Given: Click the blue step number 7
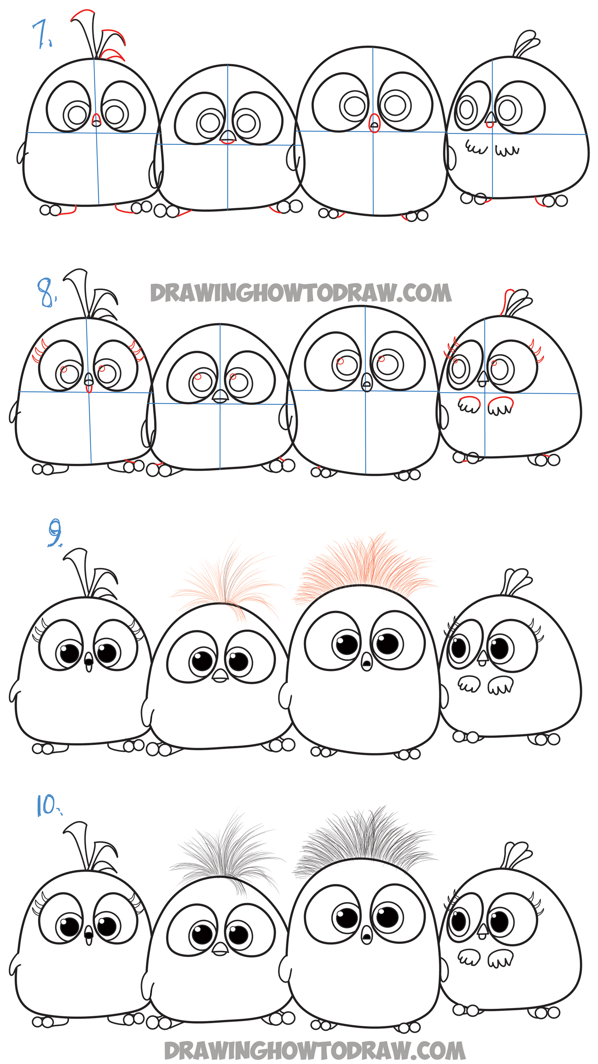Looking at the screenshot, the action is pyautogui.click(x=42, y=35).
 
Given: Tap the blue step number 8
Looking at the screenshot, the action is pyautogui.click(x=46, y=292).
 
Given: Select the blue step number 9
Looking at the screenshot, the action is pyautogui.click(x=55, y=533).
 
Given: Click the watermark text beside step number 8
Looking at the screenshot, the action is pyautogui.click(x=301, y=292).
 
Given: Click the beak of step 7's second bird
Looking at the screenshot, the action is pyautogui.click(x=227, y=137).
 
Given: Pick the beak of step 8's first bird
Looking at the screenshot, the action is pyautogui.click(x=89, y=382).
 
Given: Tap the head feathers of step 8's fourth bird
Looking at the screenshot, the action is pyautogui.click(x=516, y=303).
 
